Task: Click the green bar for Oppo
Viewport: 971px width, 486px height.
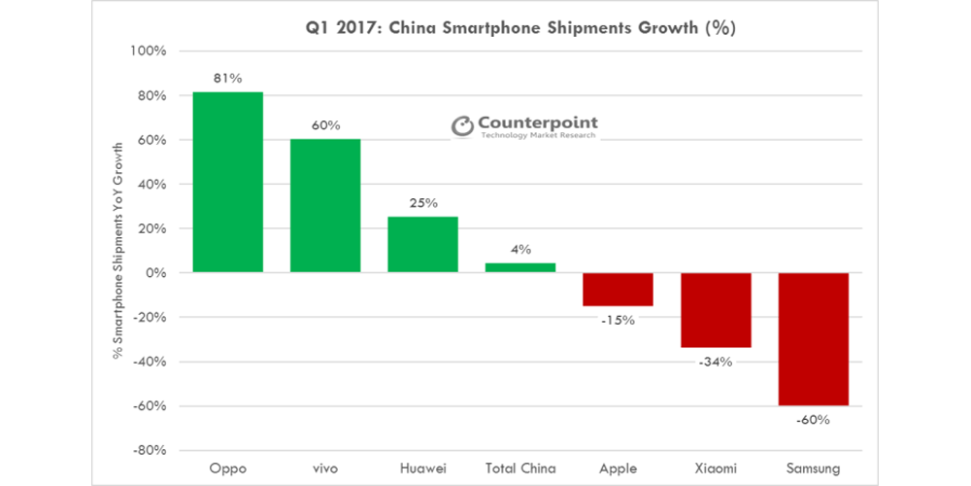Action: pos(227,182)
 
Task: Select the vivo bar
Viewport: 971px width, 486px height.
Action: pos(325,205)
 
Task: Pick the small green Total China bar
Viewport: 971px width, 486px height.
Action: pos(520,267)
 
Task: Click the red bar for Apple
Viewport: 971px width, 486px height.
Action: pos(618,290)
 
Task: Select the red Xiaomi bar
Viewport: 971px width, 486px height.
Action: pos(715,310)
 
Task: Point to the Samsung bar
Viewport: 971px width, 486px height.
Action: pos(813,339)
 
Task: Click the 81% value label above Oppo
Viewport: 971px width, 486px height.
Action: pos(227,79)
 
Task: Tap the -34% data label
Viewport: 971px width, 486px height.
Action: pos(715,362)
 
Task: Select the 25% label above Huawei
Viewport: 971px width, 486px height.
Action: pos(423,203)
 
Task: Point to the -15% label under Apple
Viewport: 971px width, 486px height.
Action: pos(618,320)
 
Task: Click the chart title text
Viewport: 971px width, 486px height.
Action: pos(514,27)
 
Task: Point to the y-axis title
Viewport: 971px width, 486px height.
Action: pos(118,250)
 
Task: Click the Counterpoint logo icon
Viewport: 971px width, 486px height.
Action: pos(461,125)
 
